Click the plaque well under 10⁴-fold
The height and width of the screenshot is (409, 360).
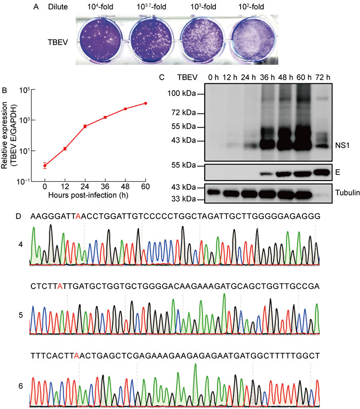[102, 40]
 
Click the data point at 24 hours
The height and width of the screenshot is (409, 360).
[85, 126]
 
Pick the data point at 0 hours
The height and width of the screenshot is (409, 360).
[45, 165]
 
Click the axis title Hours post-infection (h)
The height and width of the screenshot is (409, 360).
[95, 196]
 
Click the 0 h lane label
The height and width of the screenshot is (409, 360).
[212, 78]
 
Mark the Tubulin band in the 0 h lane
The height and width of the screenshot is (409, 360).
[212, 192]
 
